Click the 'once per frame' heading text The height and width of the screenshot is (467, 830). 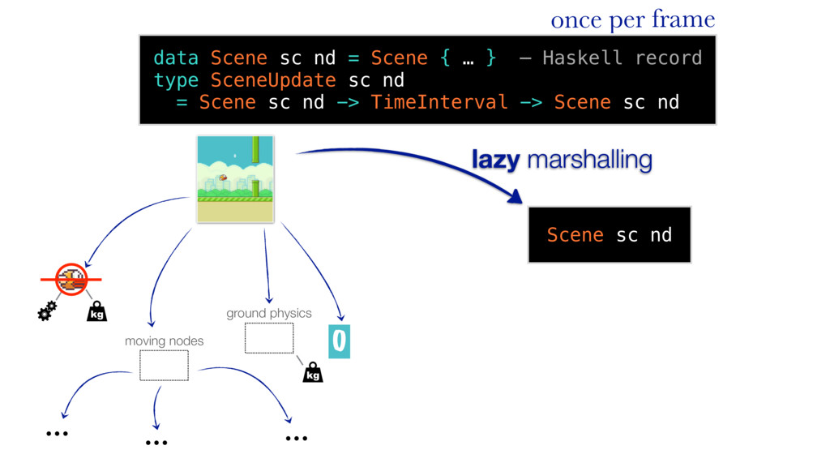(632, 19)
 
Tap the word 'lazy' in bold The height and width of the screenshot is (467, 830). (495, 161)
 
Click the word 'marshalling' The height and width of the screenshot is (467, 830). (588, 161)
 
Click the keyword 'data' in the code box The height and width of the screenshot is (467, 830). (176, 58)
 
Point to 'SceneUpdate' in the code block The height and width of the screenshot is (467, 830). (272, 80)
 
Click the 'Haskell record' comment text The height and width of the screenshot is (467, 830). (622, 58)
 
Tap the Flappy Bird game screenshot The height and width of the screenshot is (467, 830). (235, 179)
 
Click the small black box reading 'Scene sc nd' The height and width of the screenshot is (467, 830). (609, 235)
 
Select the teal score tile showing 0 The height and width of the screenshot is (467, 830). (339, 342)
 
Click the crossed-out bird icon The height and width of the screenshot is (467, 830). (71, 279)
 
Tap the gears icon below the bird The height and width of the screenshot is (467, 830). (48, 311)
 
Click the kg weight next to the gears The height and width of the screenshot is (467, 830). (96, 312)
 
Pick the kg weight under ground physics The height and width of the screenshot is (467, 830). (312, 373)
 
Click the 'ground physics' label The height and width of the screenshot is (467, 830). (268, 313)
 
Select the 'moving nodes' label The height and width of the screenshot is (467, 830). (164, 341)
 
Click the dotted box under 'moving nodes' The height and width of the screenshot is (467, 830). (164, 366)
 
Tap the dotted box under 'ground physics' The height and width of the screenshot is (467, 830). (269, 338)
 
